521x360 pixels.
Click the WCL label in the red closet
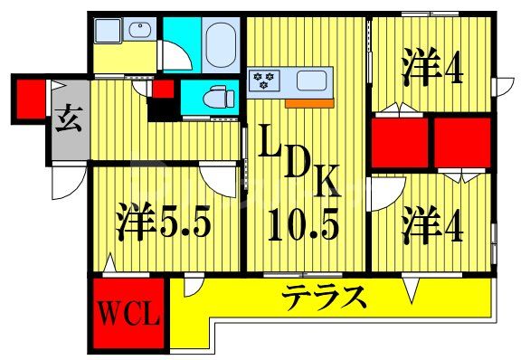(129, 317)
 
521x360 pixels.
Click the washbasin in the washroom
(140, 33)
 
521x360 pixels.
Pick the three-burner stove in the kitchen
(267, 80)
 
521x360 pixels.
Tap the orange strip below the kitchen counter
(308, 101)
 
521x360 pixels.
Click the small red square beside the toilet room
(164, 90)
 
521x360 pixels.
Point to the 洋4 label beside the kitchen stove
(431, 67)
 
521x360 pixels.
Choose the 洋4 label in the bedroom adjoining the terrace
(432, 223)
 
